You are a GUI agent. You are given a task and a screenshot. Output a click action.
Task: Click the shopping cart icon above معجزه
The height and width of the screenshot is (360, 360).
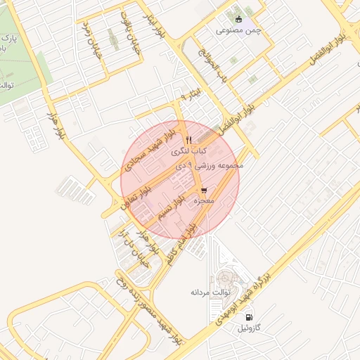click(204, 191)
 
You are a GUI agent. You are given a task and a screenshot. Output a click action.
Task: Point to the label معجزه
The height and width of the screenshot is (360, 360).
click(204, 201)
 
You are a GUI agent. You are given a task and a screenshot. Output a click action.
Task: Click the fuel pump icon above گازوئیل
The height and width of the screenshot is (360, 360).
click(249, 317)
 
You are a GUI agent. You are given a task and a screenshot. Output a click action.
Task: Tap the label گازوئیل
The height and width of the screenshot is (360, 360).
click(250, 328)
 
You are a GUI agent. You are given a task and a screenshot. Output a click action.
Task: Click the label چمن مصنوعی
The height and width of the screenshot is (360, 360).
click(238, 30)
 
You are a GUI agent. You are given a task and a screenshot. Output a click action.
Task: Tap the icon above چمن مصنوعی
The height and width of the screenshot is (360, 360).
click(238, 19)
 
